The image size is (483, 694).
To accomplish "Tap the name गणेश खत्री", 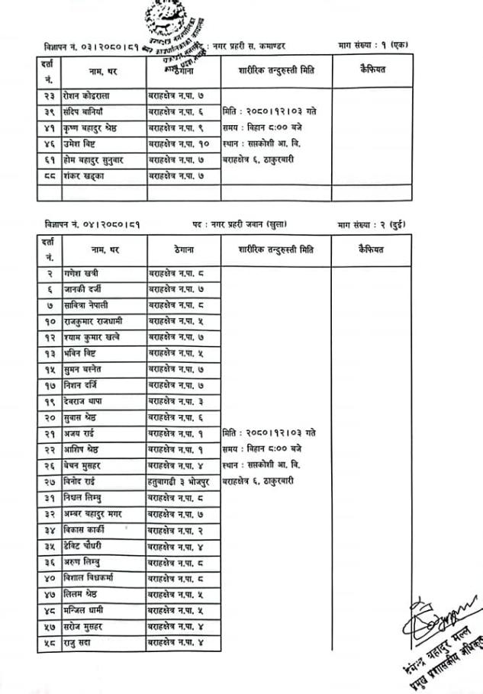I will pyautogui.click(x=82, y=273).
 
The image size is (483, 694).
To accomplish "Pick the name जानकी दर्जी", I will pyautogui.click(x=83, y=289).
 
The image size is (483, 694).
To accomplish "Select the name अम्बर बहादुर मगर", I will pyautogui.click(x=93, y=513).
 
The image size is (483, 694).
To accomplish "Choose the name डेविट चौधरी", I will pyautogui.click(x=85, y=545).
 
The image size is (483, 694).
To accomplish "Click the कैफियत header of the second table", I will pyautogui.click(x=371, y=249).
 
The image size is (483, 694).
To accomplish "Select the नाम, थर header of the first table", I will pyautogui.click(x=105, y=71).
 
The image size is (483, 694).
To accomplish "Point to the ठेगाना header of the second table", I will pyautogui.click(x=183, y=249).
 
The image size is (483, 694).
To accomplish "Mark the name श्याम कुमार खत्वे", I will pyautogui.click(x=92, y=337).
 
